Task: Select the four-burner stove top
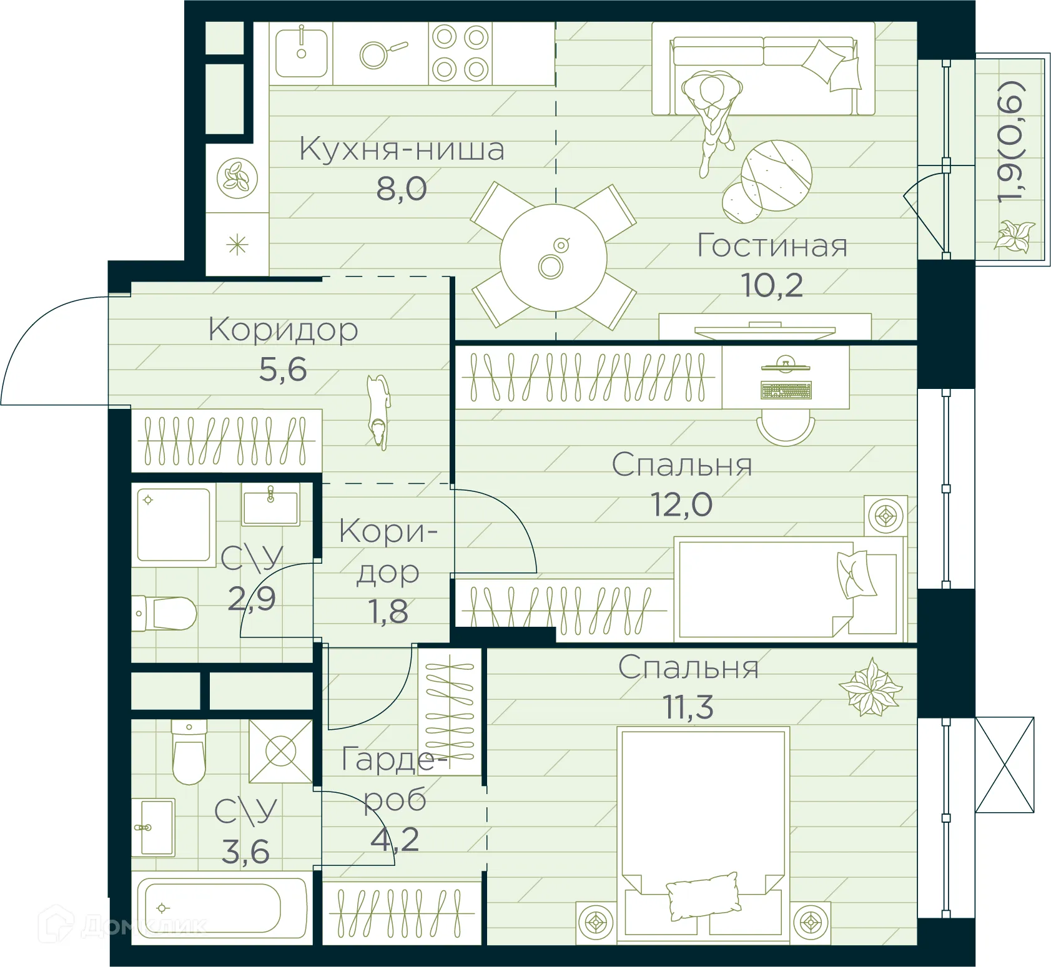(x=460, y=54)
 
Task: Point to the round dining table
(x=553, y=257)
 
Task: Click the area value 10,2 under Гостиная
(x=772, y=285)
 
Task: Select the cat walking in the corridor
(x=378, y=411)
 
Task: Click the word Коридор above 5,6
(x=284, y=330)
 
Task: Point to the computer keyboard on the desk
(x=786, y=391)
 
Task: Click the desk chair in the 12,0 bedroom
(x=786, y=430)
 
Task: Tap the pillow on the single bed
(x=856, y=574)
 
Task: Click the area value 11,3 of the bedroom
(x=688, y=707)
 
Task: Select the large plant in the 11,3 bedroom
(x=870, y=688)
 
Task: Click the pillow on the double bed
(x=703, y=895)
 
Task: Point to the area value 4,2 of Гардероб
(x=395, y=840)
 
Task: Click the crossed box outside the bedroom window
(x=1004, y=765)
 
